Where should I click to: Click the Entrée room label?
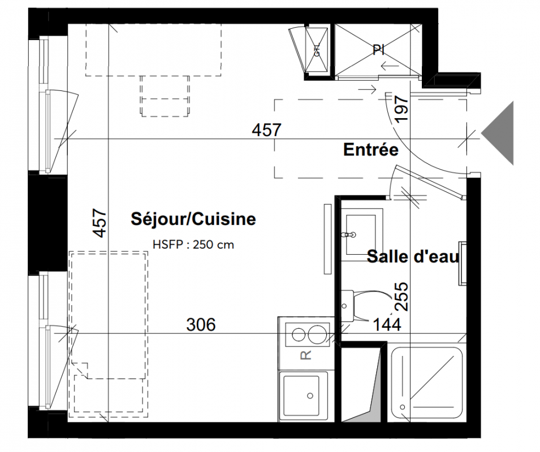pos(370,150)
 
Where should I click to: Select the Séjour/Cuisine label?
pos(193,219)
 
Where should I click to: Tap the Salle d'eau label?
pos(413,257)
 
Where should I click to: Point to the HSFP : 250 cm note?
pos(193,245)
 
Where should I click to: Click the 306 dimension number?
pos(201,324)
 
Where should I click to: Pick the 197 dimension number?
pos(402,110)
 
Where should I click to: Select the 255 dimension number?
pos(402,297)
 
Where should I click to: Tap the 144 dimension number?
pos(387,324)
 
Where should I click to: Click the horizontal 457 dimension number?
pos(267,130)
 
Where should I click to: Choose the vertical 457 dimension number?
pos(100,223)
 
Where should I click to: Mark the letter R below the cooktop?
pos(306,355)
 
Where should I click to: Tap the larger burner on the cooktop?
pos(317,334)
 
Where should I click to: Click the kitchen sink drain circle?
pos(310,396)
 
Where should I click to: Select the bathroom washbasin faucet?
pos(348,235)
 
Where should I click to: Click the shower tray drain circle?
pos(403,407)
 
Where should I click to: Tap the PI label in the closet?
pos(378,50)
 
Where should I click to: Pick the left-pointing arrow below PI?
pos(390,66)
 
